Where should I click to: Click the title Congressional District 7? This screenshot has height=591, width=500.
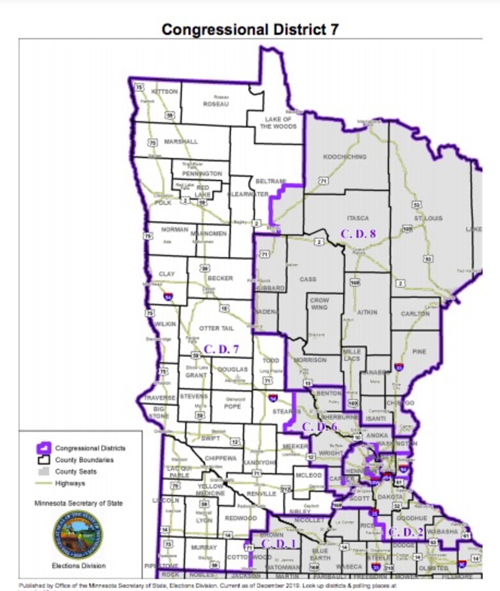250,30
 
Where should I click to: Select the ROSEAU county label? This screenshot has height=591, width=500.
216,104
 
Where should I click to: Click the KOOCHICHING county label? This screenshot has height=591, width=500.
344,157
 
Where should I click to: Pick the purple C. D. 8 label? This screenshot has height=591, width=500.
358,233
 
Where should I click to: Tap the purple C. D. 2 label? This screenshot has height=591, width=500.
406,532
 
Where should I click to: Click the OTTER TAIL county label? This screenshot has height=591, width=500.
216,328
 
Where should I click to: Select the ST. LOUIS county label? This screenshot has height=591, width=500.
428,218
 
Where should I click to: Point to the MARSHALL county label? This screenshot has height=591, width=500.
181,141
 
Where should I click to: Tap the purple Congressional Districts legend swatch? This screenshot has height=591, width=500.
44,448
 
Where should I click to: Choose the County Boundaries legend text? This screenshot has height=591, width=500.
84,460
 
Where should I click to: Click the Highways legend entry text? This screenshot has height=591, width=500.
70,483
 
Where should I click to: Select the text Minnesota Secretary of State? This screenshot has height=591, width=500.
78,503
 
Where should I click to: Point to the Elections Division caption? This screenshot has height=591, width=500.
78,565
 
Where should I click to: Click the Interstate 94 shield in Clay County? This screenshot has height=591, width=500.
168,296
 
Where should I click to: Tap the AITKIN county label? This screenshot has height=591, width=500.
367,312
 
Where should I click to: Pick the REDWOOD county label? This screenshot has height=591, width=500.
241,518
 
